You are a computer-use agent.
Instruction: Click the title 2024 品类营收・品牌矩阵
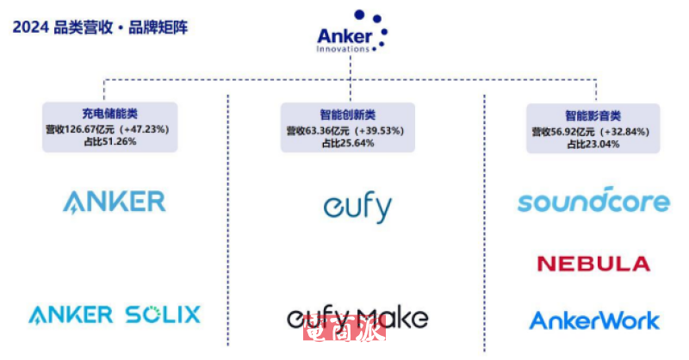tap(99, 27)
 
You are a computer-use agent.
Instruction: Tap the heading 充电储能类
tap(109, 114)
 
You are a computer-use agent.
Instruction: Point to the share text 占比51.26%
tap(109, 140)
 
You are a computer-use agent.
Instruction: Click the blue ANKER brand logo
tap(114, 202)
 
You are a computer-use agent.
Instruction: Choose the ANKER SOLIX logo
tap(114, 314)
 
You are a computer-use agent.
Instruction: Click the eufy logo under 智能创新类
tap(357, 207)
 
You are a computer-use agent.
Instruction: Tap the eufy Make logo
tap(357, 318)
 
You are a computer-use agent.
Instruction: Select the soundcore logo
tap(593, 201)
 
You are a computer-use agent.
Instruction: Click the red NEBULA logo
tap(593, 263)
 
